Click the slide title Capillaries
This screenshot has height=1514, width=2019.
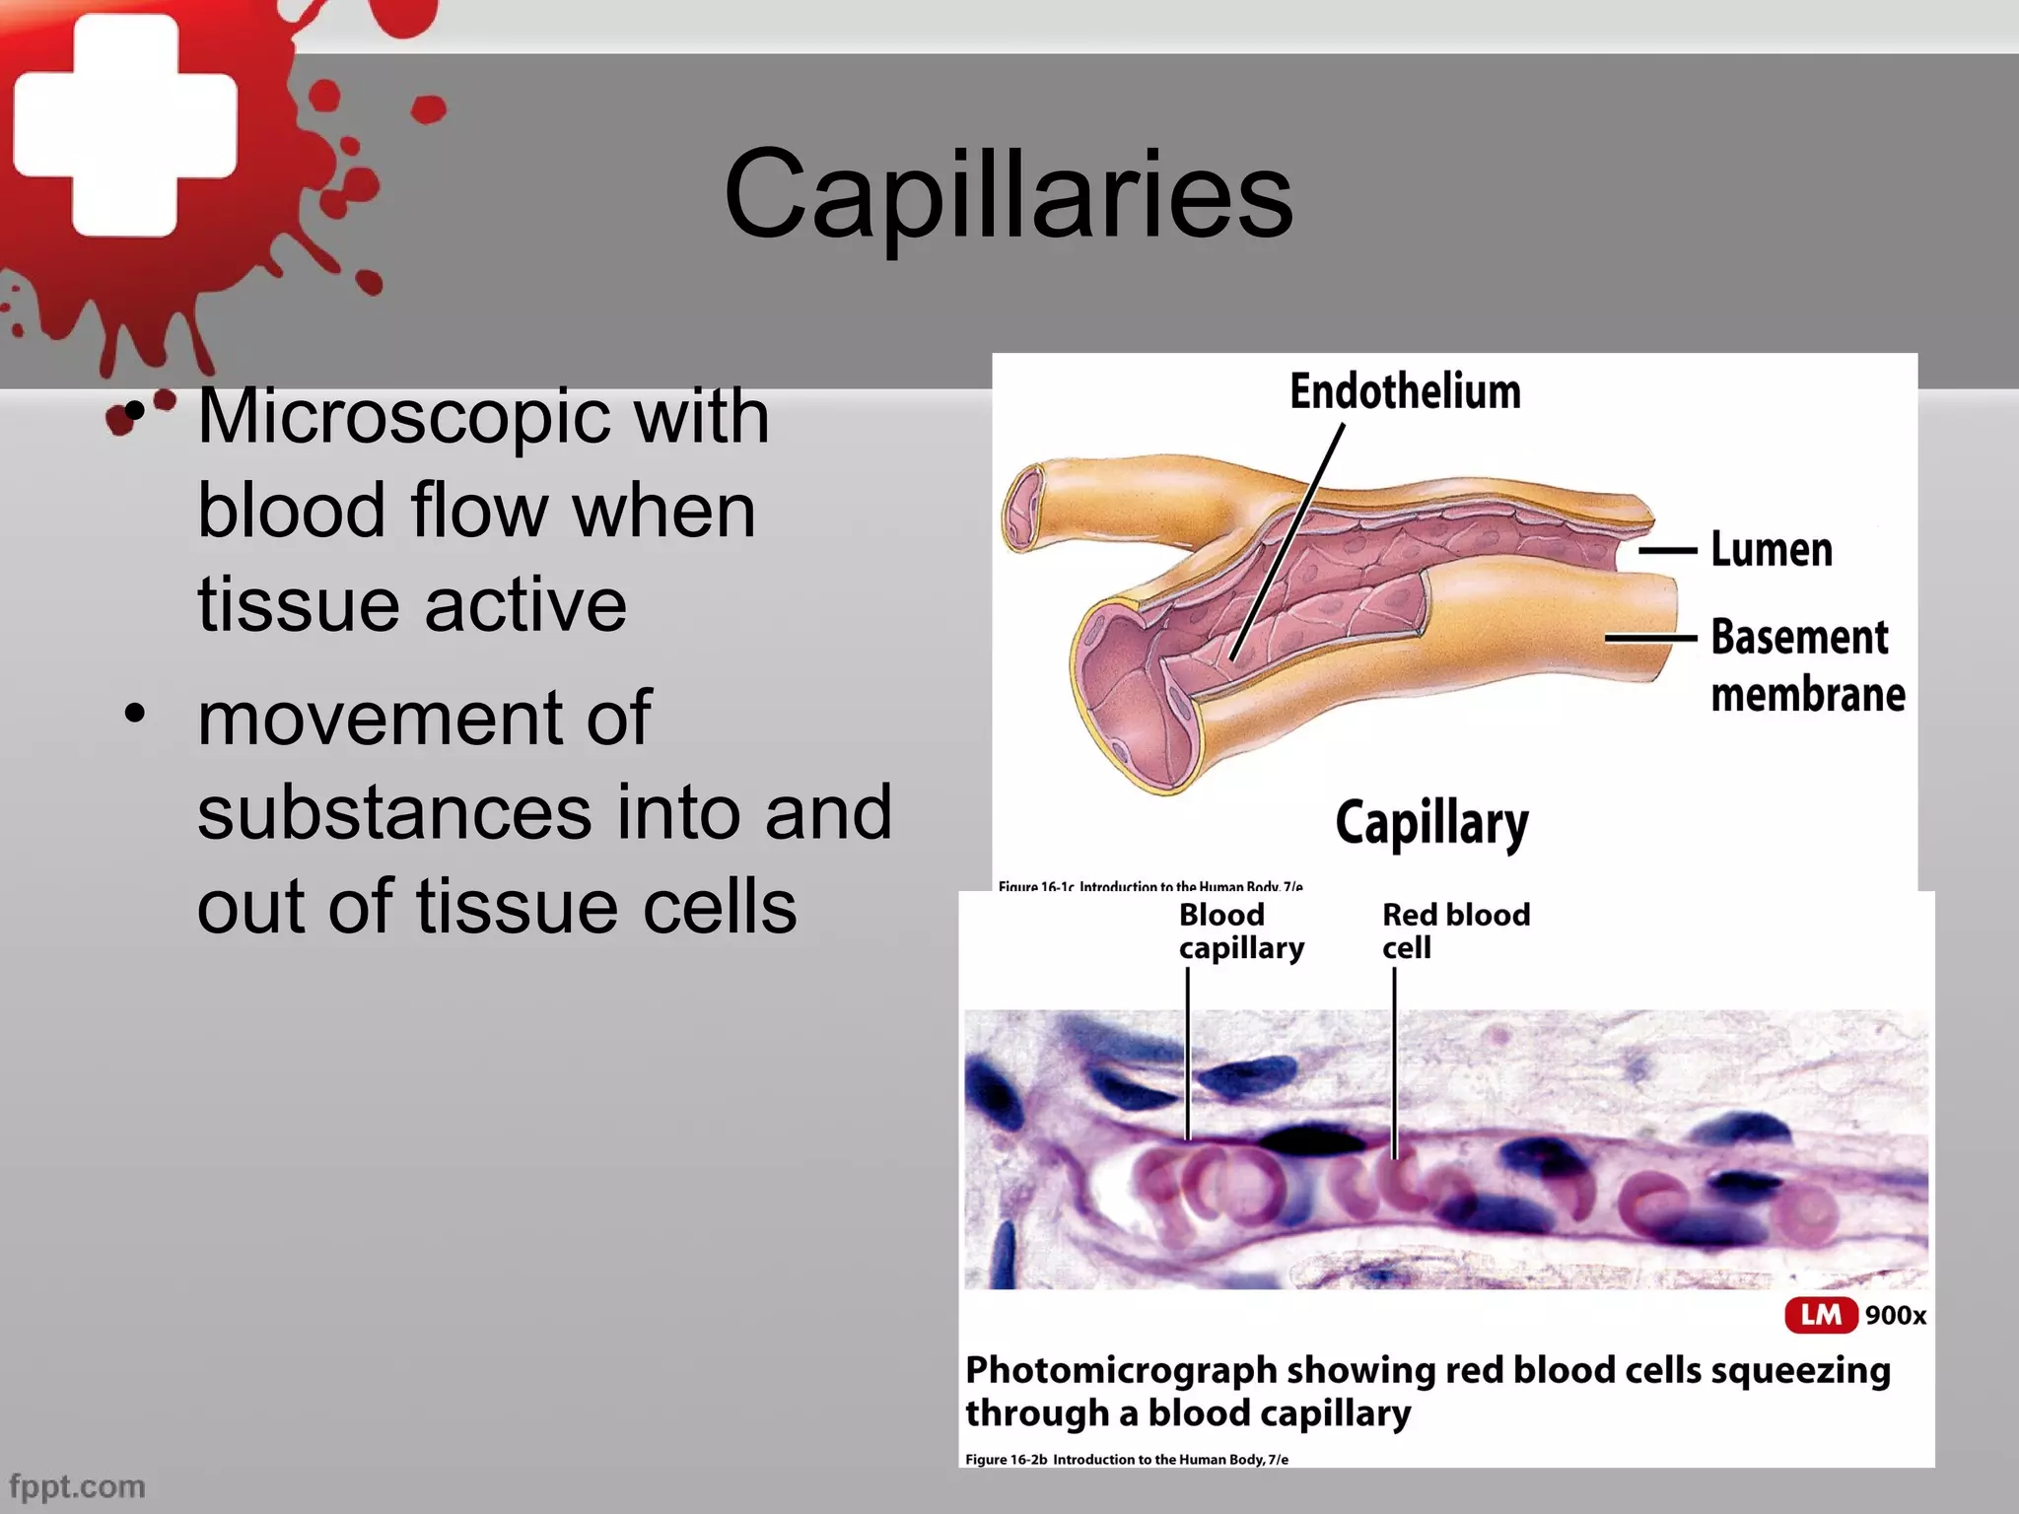(1008, 193)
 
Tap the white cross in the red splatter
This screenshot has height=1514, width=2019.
(125, 125)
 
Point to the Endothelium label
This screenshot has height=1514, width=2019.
(1405, 391)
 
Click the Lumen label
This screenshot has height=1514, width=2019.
(1772, 549)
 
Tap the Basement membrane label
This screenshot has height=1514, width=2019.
(1806, 665)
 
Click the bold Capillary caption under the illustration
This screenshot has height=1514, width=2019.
(1431, 823)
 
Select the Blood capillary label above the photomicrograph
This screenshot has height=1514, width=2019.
(1240, 930)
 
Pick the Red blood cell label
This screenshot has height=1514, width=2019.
(1455, 930)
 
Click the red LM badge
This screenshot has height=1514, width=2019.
(1820, 1314)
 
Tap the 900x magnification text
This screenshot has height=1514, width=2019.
(1895, 1315)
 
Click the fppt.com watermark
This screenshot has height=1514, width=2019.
(77, 1485)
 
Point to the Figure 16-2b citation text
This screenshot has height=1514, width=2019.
(1126, 1459)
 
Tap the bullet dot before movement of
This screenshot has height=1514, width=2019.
(134, 712)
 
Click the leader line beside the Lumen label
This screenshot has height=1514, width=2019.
(1668, 550)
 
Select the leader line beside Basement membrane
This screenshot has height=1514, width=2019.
(1650, 638)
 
